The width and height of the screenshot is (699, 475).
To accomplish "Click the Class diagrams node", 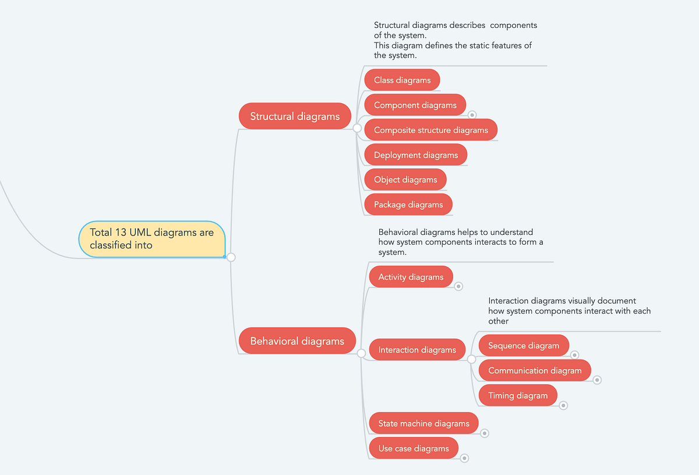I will click(402, 80).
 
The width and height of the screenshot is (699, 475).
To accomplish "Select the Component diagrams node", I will click(415, 105).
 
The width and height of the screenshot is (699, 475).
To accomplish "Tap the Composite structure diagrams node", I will click(430, 130).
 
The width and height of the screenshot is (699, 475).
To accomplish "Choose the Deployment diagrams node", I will click(415, 155).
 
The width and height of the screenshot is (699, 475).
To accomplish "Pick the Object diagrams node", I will click(405, 180).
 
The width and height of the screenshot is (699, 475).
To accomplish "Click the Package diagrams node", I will click(408, 205).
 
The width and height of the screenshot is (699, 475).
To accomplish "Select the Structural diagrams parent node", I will click(295, 116).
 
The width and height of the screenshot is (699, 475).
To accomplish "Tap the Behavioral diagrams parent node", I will click(297, 341).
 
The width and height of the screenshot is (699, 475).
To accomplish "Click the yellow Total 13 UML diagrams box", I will click(151, 239).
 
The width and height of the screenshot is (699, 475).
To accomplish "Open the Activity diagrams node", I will click(411, 277).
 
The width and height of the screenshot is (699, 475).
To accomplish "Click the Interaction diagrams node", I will click(417, 350).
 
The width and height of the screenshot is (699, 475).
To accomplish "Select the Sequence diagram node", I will click(523, 346).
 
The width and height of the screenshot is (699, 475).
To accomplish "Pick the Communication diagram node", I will click(534, 371).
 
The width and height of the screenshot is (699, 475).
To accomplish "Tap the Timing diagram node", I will click(517, 396).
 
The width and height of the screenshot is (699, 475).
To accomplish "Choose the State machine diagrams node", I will click(423, 424).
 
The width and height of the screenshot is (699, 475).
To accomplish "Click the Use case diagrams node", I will click(414, 448).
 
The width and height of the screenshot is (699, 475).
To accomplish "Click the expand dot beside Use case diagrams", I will click(464, 458).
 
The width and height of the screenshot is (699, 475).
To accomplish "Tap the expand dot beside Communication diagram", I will click(597, 380).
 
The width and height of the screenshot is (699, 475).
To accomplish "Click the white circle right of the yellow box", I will click(231, 257).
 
